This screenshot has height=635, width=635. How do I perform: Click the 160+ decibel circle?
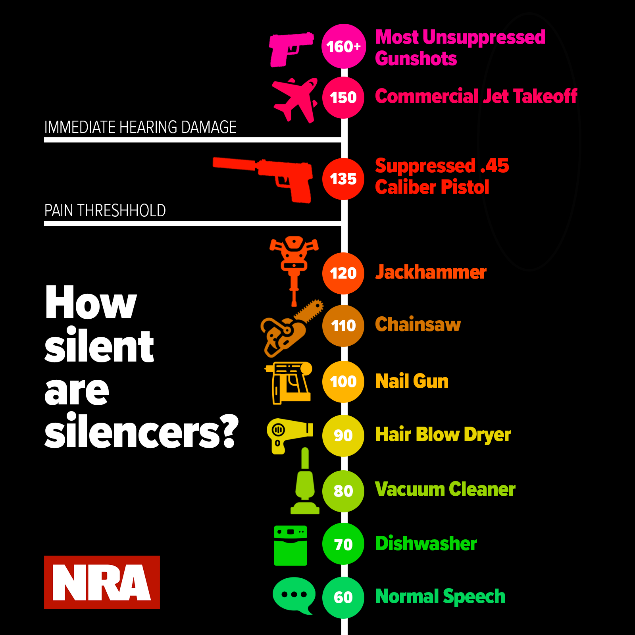click(x=343, y=46)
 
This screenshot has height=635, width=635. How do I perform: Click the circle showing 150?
click(x=343, y=98)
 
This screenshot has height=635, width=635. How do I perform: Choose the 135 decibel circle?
click(x=343, y=179)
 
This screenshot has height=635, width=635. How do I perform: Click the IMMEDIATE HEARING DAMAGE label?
click(x=140, y=127)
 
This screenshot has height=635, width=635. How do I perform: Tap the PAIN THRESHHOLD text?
click(x=105, y=211)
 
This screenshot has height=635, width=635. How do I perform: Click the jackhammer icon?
click(x=294, y=266)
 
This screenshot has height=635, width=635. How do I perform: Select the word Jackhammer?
click(x=431, y=273)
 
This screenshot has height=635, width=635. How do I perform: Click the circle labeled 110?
click(x=343, y=326)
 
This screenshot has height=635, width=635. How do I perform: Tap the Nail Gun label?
click(x=412, y=381)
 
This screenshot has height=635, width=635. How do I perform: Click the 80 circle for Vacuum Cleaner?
click(x=343, y=491)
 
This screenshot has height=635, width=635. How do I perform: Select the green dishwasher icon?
click(x=291, y=546)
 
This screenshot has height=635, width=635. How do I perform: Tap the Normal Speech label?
click(x=440, y=597)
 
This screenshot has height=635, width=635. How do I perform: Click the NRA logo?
click(x=102, y=582)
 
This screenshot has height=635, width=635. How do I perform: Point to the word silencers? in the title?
click(x=141, y=432)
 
